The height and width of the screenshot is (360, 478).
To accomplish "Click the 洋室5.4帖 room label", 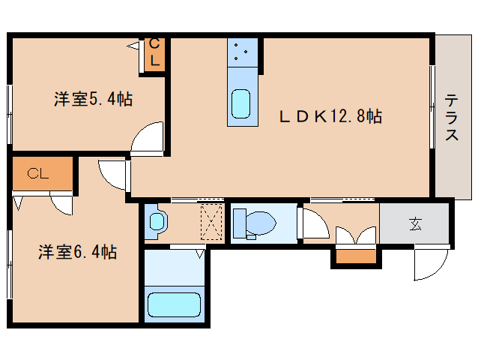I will pyautogui.click(x=93, y=98).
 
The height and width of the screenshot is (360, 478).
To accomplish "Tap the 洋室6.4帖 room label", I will pyautogui.click(x=77, y=252).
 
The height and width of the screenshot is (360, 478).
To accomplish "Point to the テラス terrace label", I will pyautogui.click(x=452, y=118).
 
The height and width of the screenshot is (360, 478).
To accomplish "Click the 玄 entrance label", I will pyautogui.click(x=414, y=223).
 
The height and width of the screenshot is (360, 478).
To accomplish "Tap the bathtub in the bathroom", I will pyautogui.click(x=176, y=304).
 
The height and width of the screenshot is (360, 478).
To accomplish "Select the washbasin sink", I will pyautogui.click(x=156, y=222).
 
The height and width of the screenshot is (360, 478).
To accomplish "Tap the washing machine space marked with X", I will pyautogui.click(x=213, y=222).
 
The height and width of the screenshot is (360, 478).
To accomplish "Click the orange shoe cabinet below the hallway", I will pyautogui.click(x=357, y=257).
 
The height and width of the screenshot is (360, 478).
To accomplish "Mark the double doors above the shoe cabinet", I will pyautogui.click(x=357, y=235).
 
